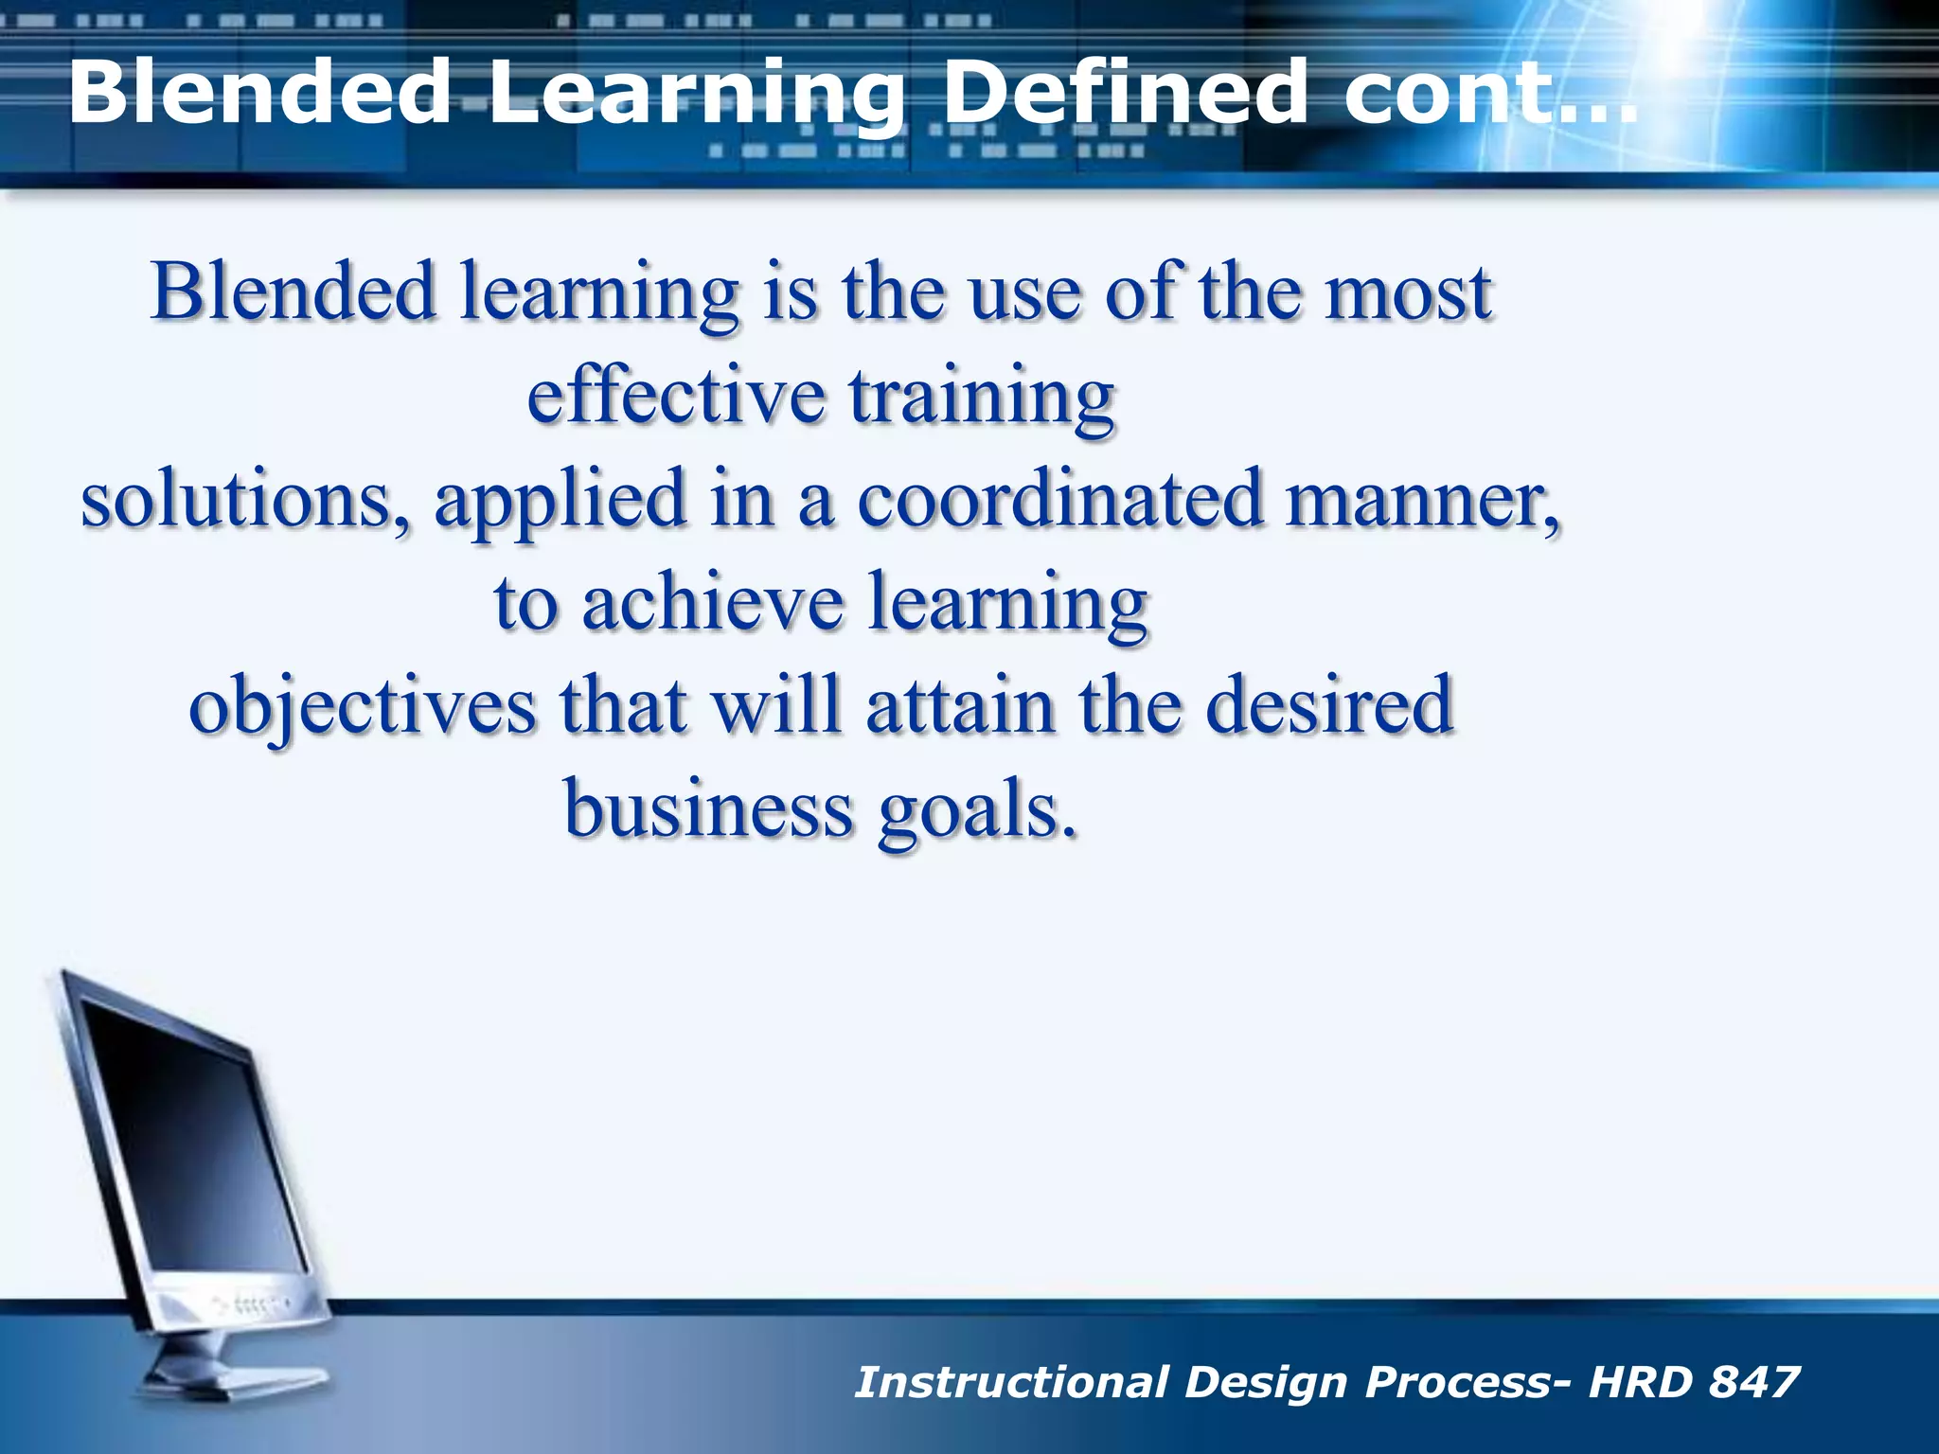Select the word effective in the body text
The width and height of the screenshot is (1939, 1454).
pyautogui.click(x=675, y=395)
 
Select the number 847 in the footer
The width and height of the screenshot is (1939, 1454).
pyautogui.click(x=1753, y=1382)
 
